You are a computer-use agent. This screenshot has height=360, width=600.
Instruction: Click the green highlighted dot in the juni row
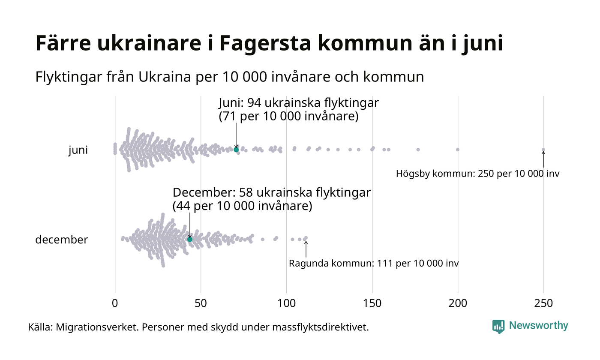point(236,150)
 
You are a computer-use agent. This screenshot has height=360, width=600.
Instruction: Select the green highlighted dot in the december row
point(190,239)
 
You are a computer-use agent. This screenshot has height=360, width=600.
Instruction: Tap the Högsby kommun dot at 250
point(543,150)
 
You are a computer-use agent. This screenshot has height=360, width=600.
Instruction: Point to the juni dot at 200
point(458,150)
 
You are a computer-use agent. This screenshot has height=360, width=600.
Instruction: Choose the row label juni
point(78,150)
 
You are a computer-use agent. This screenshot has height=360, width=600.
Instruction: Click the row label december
point(61,240)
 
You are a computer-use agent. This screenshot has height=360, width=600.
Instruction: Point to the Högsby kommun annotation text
point(478,174)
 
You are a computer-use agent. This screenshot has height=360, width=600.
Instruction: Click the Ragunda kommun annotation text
point(374,263)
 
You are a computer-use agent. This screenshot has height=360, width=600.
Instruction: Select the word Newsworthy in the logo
point(539,326)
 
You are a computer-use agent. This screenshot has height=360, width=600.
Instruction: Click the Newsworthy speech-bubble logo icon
point(498,327)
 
